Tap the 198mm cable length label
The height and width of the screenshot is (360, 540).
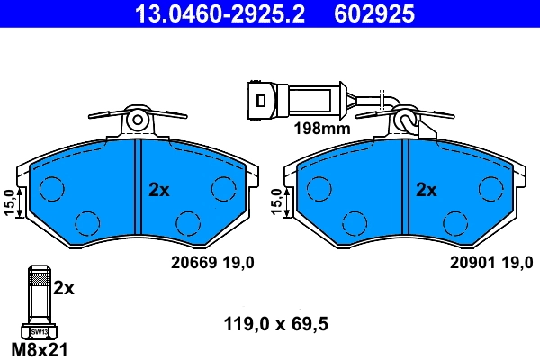[320, 129]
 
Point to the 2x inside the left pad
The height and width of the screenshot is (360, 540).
[158, 190]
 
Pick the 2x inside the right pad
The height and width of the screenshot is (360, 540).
[426, 190]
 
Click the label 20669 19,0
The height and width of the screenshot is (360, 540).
[212, 262]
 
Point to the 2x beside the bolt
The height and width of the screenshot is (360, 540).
[63, 288]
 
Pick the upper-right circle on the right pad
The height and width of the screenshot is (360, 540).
[490, 187]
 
